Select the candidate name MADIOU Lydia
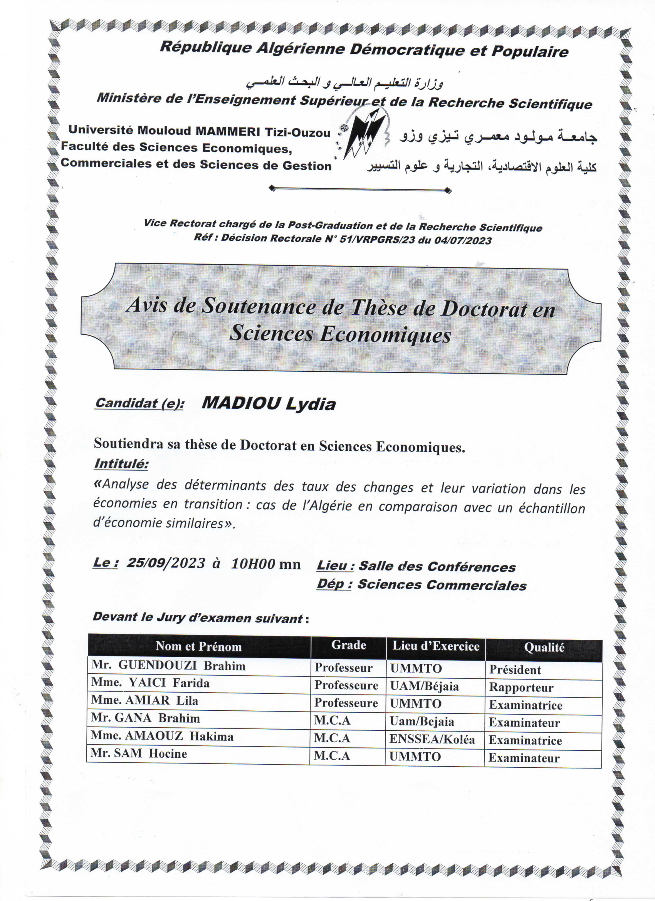click(268, 404)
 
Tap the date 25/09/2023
click(166, 563)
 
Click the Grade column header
click(349, 645)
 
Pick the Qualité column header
click(544, 648)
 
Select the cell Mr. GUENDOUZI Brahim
click(168, 665)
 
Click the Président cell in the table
click(515, 670)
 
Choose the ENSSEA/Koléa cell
click(432, 739)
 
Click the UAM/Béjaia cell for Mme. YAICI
click(425, 686)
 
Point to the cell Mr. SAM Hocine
click(139, 753)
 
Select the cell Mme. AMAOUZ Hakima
click(162, 736)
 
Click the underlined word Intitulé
click(121, 463)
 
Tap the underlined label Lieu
click(335, 566)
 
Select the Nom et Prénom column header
click(198, 646)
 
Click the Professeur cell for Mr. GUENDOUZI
click(343, 668)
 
